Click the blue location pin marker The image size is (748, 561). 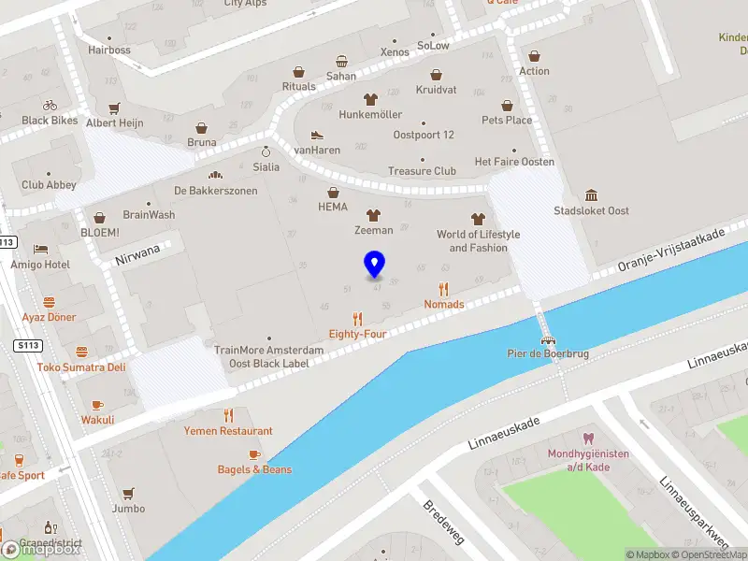click(375, 265)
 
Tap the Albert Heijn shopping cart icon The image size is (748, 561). click(114, 108)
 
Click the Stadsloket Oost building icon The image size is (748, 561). click(591, 195)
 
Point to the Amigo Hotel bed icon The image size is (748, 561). click(40, 250)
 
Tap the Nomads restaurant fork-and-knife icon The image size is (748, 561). click(444, 289)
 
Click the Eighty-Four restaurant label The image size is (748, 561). click(357, 334)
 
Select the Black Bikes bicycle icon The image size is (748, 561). click(50, 106)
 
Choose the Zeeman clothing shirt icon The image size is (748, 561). click(373, 215)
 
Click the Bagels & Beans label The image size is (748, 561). click(254, 469)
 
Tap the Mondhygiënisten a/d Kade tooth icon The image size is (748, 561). click(588, 438)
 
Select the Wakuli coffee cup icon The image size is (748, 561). click(97, 405)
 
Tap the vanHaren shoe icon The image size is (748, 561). click(316, 135)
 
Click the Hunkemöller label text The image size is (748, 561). click(370, 115)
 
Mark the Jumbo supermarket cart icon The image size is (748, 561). click(128, 493)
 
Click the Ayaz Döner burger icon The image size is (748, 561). click(49, 302)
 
